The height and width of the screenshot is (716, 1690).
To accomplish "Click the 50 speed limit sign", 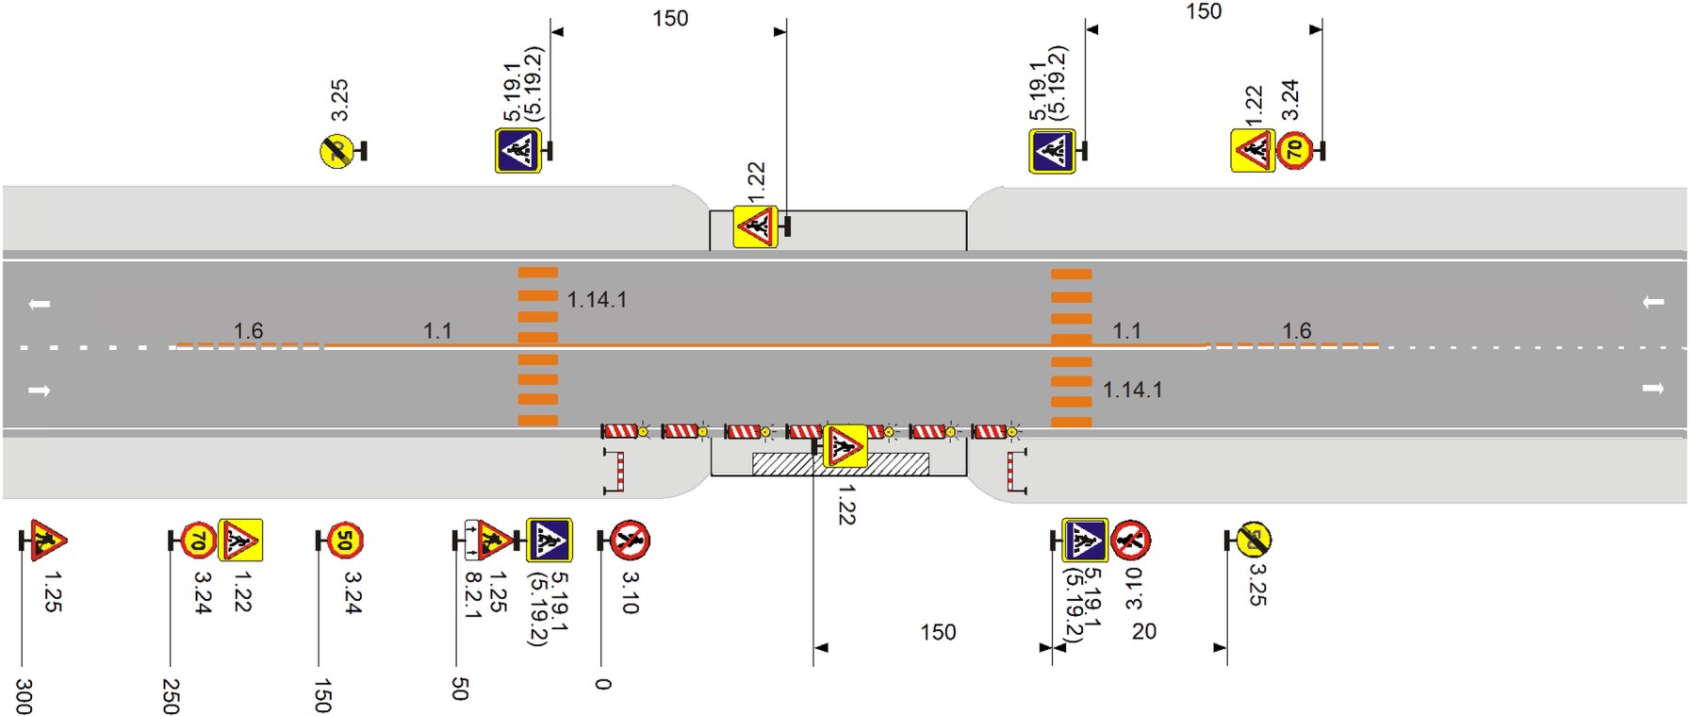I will click(345, 541).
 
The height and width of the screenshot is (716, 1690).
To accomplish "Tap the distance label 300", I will click(24, 696).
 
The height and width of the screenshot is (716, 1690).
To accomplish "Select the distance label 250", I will click(171, 696).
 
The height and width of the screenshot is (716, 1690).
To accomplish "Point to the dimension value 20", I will click(1143, 631).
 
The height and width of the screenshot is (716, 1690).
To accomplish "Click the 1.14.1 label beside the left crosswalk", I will click(597, 300).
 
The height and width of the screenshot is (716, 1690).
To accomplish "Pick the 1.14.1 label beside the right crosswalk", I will click(1132, 390).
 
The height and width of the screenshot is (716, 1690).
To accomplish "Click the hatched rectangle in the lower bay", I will click(840, 464).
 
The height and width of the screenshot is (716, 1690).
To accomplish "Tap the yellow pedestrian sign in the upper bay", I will click(755, 227).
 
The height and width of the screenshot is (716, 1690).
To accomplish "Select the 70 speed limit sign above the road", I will click(1295, 150).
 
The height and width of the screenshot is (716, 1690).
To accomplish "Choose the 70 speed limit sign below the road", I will click(198, 541).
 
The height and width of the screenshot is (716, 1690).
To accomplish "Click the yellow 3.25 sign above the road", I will click(336, 151).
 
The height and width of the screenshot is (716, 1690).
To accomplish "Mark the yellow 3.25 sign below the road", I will click(1254, 540).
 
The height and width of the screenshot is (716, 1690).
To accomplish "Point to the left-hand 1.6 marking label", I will click(248, 331).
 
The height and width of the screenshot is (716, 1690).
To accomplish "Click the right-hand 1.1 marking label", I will click(1126, 331).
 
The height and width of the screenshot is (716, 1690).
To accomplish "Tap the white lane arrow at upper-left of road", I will click(40, 304).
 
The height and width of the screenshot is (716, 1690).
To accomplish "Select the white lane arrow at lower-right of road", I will click(1652, 389).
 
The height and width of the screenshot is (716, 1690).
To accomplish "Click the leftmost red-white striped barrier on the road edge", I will click(620, 431).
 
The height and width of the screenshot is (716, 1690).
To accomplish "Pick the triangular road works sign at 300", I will click(47, 541).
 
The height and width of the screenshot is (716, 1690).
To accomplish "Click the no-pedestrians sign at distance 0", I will click(630, 541).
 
